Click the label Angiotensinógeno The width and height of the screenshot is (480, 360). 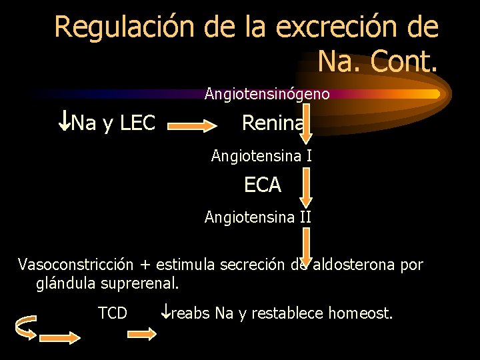(x=267, y=94)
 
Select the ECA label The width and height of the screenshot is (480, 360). (x=263, y=185)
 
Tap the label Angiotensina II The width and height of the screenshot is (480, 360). (x=258, y=217)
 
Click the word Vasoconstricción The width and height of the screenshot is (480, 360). (x=77, y=265)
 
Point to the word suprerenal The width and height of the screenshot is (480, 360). (x=140, y=283)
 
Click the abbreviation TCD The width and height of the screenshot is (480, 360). (x=113, y=312)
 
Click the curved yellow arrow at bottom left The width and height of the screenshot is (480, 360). (x=25, y=327)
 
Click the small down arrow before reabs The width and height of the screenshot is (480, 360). (x=166, y=311)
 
